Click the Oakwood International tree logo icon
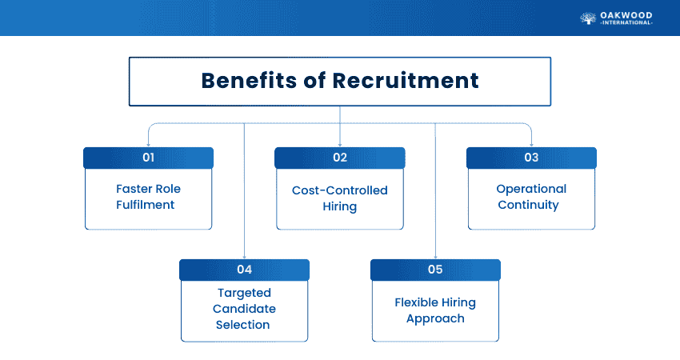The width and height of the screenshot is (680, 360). click(x=587, y=18)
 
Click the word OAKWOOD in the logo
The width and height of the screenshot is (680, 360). click(x=627, y=14)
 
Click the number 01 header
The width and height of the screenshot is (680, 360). click(x=148, y=158)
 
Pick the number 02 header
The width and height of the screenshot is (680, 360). click(x=340, y=158)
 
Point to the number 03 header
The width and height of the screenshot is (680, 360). click(x=531, y=158)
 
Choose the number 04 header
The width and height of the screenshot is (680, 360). click(x=244, y=270)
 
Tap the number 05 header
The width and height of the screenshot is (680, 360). click(x=435, y=270)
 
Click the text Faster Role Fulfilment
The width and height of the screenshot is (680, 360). click(x=148, y=197)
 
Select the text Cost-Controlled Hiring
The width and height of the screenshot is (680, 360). click(x=340, y=198)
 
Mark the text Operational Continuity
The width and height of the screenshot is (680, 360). click(x=531, y=197)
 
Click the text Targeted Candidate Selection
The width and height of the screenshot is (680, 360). click(x=244, y=309)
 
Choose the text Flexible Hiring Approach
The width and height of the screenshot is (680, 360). click(x=435, y=310)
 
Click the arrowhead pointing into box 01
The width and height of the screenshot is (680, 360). click(x=148, y=144)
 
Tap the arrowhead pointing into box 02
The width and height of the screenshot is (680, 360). click(x=340, y=144)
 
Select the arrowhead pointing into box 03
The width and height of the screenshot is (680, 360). click(x=531, y=144)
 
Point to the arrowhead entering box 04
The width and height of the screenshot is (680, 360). click(x=244, y=256)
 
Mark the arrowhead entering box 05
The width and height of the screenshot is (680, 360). click(x=435, y=256)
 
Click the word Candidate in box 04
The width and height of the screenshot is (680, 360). click(x=244, y=309)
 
